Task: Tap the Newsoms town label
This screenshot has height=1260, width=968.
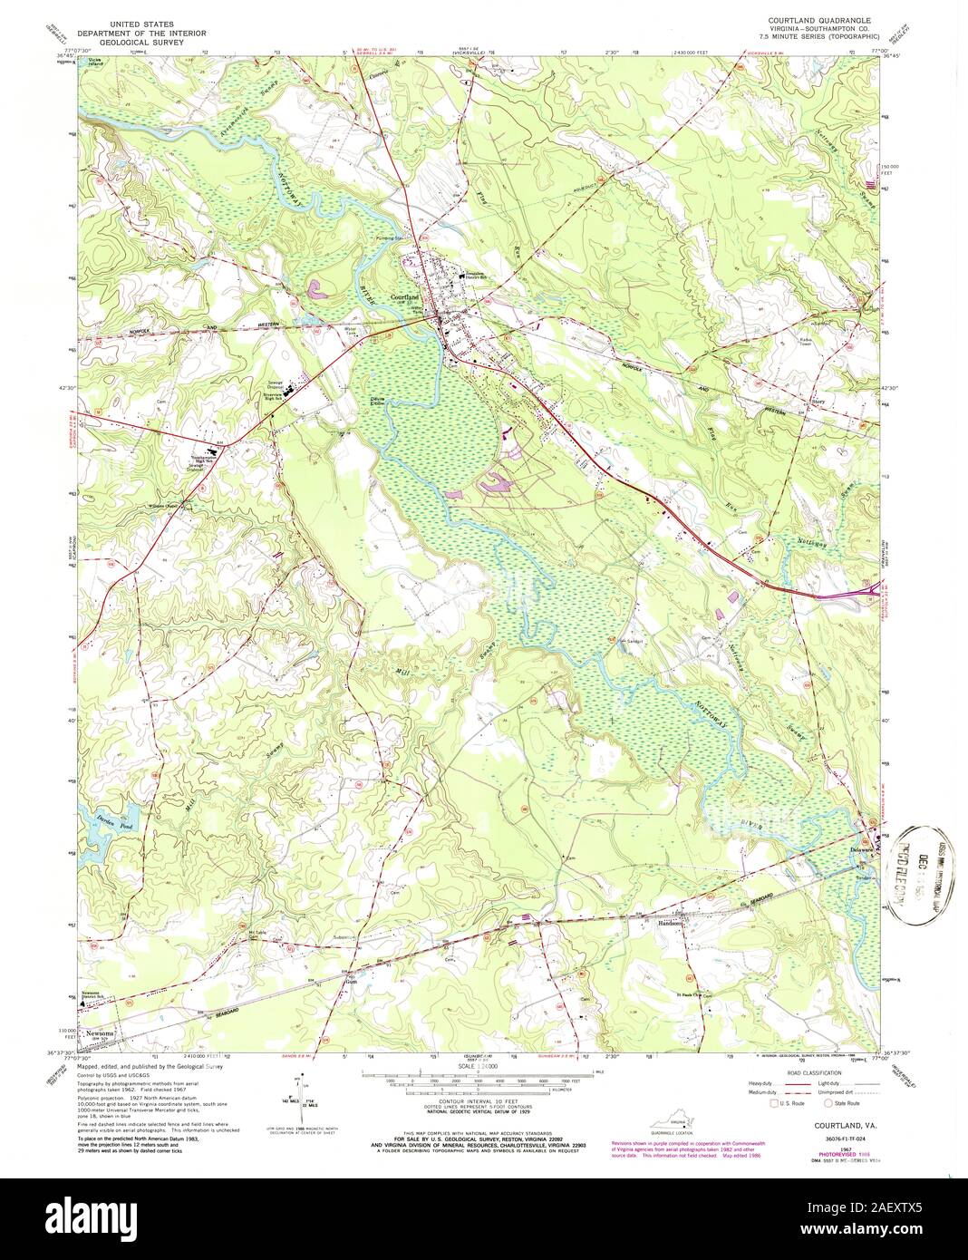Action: coord(98,1034)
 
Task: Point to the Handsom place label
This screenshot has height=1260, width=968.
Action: coord(672,924)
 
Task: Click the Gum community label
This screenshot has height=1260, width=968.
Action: coord(352,979)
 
